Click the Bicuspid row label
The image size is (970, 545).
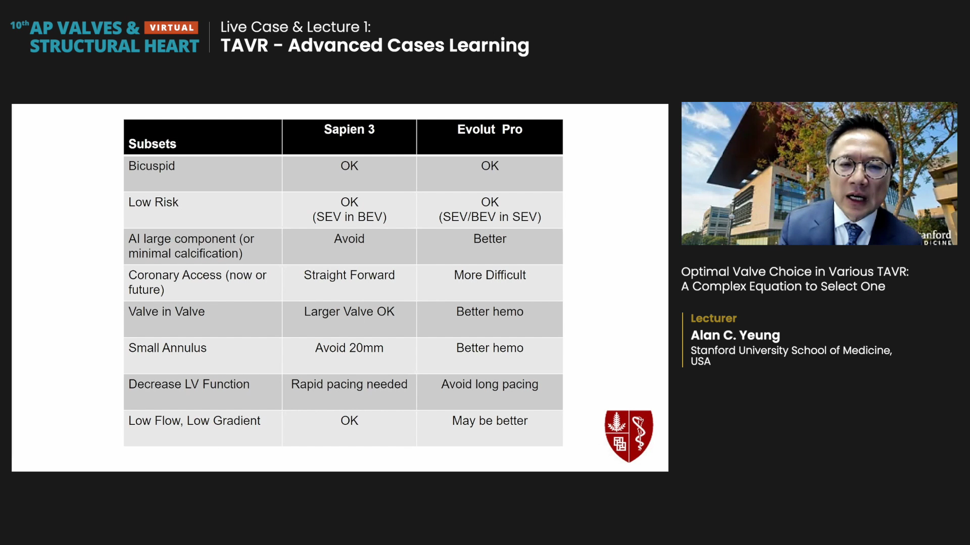coord(152,166)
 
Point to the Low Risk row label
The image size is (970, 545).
coord(153,202)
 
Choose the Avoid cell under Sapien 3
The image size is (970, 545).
coord(349,239)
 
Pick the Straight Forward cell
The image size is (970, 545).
coord(349,275)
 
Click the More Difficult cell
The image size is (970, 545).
coord(490,275)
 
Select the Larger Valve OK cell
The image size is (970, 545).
coord(349,312)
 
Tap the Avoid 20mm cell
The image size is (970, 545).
coord(349,348)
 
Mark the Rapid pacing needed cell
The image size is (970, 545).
coord(349,385)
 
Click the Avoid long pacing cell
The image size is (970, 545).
coord(490,385)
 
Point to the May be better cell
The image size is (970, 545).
coord(490,421)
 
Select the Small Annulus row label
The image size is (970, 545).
coord(167,348)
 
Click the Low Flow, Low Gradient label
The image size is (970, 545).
coord(194,421)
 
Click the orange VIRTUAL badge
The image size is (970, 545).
coord(171,28)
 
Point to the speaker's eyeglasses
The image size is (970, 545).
coord(861,167)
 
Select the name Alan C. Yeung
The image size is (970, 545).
coord(735,336)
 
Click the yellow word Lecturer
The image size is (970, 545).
coord(713,318)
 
